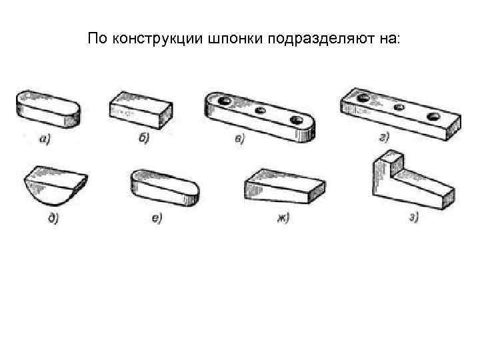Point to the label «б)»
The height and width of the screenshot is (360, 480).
tap(143, 138)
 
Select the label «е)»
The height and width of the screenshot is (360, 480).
tap(156, 219)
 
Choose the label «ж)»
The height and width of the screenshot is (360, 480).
tap(283, 217)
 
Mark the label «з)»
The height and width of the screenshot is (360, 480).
tap(413, 217)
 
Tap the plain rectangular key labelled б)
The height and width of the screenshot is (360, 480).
tap(141, 108)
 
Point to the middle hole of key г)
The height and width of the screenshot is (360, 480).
tap(399, 107)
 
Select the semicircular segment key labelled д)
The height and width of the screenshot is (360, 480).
tap(55, 186)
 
